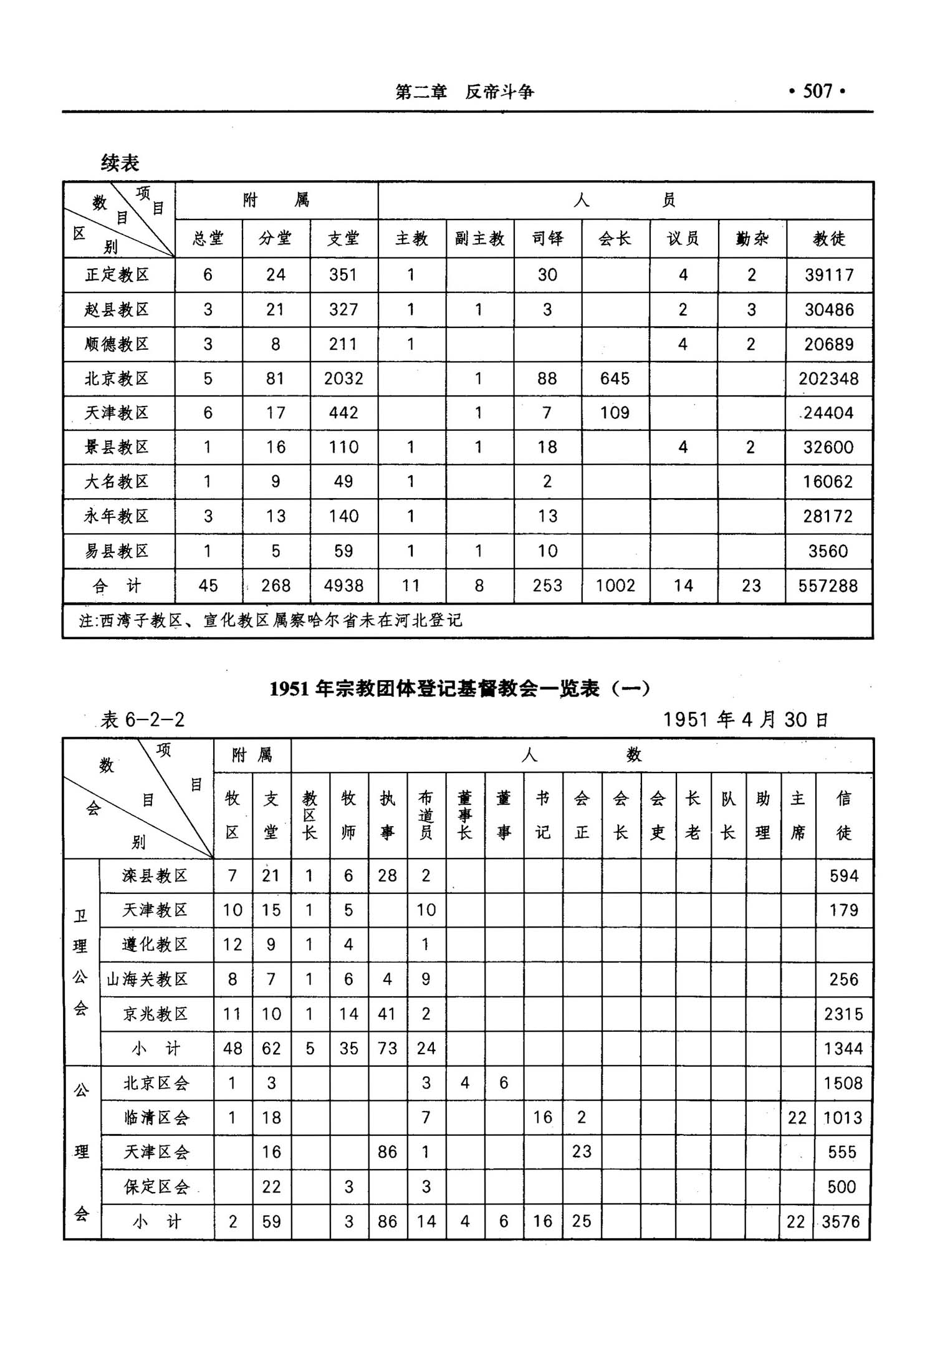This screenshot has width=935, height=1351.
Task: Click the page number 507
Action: pos(817,92)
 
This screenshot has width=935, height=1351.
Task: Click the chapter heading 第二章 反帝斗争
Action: pos(464,92)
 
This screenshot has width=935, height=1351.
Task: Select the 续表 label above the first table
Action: pos(120,163)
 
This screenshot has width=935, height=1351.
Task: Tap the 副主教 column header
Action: pos(479,238)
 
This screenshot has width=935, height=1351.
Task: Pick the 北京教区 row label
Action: pos(117,378)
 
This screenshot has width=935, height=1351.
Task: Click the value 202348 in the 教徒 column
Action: pos(828,378)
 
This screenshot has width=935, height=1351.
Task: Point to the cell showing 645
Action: pos(615,378)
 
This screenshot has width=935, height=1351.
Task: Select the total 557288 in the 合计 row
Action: pos(828,585)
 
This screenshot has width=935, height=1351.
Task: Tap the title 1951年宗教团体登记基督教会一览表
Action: pos(460,688)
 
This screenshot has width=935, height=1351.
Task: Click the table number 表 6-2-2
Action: pos(143,720)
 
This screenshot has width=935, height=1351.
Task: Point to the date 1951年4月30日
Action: pos(745,719)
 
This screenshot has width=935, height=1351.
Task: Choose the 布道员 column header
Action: pos(426,815)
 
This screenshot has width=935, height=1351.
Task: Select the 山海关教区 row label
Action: pos(147,979)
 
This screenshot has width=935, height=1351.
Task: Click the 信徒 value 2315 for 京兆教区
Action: pos(843,1014)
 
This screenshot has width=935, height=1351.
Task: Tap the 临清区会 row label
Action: pos(156,1117)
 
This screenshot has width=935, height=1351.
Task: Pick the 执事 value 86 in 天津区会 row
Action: pos(387,1151)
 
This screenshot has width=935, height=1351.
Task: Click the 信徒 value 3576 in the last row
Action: pos(841,1221)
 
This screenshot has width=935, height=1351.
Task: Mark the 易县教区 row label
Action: pos(117,550)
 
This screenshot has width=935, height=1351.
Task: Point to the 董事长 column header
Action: pos(464,815)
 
